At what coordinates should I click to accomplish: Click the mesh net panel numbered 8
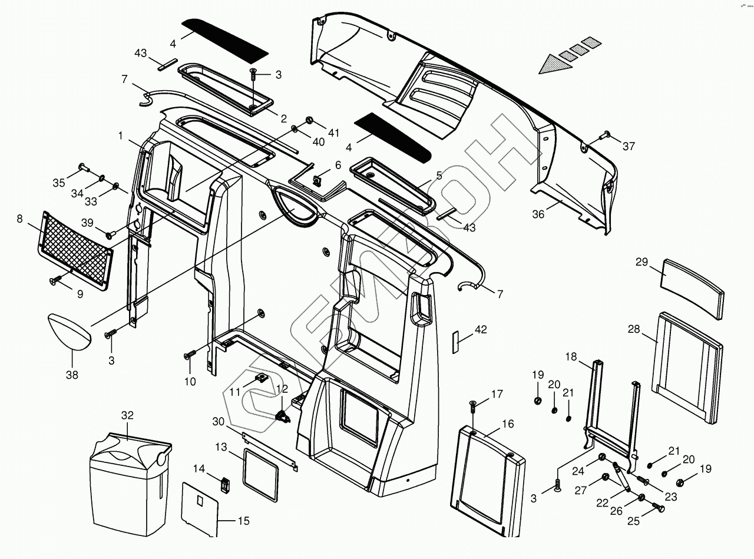point(77,250)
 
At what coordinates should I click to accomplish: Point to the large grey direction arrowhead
point(554,64)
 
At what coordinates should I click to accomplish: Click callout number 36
point(538,214)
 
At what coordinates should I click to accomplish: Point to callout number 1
point(121,136)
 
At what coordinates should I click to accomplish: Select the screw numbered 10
point(189,355)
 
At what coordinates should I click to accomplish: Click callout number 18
point(570,357)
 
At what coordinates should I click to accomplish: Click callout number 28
point(633,329)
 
